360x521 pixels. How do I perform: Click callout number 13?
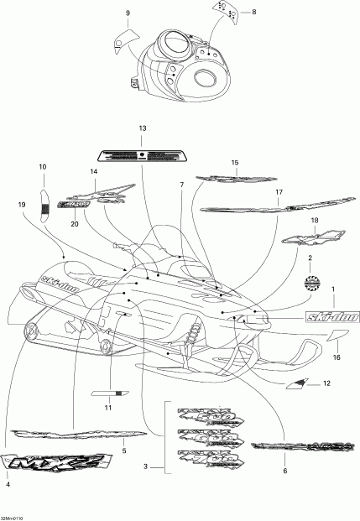click(142, 128)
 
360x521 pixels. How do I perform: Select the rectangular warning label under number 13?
click(142, 154)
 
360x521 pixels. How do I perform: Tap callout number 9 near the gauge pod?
click(128, 14)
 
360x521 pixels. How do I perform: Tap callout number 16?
click(336, 357)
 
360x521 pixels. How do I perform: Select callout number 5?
click(124, 451)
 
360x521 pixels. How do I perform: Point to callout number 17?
click(277, 192)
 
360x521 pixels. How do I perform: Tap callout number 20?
click(74, 224)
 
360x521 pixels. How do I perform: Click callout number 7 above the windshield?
click(180, 184)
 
